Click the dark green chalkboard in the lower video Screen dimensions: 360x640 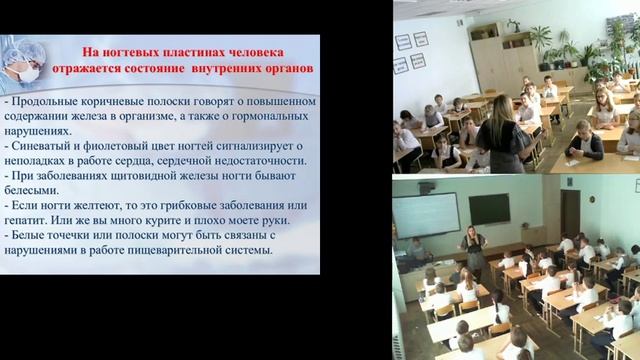point(489,209)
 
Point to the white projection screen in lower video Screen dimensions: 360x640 point(425,215)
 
